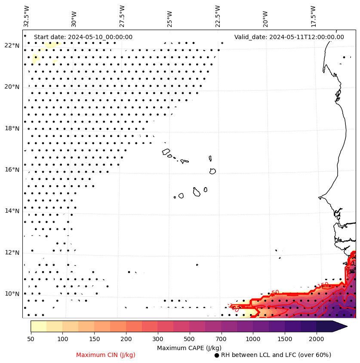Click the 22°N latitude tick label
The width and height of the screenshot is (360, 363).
point(12,46)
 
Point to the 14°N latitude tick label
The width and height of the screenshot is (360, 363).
point(12,211)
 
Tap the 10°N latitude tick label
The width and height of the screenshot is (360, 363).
point(12,294)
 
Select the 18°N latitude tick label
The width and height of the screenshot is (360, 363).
point(12,128)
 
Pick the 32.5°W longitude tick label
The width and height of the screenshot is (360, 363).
point(27,16)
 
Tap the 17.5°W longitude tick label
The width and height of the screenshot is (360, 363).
point(313,16)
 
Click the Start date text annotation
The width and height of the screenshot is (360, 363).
point(83,37)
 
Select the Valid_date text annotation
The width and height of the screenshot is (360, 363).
point(289,37)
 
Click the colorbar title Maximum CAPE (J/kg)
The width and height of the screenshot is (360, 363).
point(189,348)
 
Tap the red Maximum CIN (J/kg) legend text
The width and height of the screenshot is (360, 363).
point(106,355)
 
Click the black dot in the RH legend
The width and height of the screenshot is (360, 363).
point(217,355)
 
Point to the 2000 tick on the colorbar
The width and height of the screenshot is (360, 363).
point(317,339)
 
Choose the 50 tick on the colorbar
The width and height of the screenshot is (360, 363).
point(31,339)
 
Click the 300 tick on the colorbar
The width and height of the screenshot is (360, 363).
point(158,339)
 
